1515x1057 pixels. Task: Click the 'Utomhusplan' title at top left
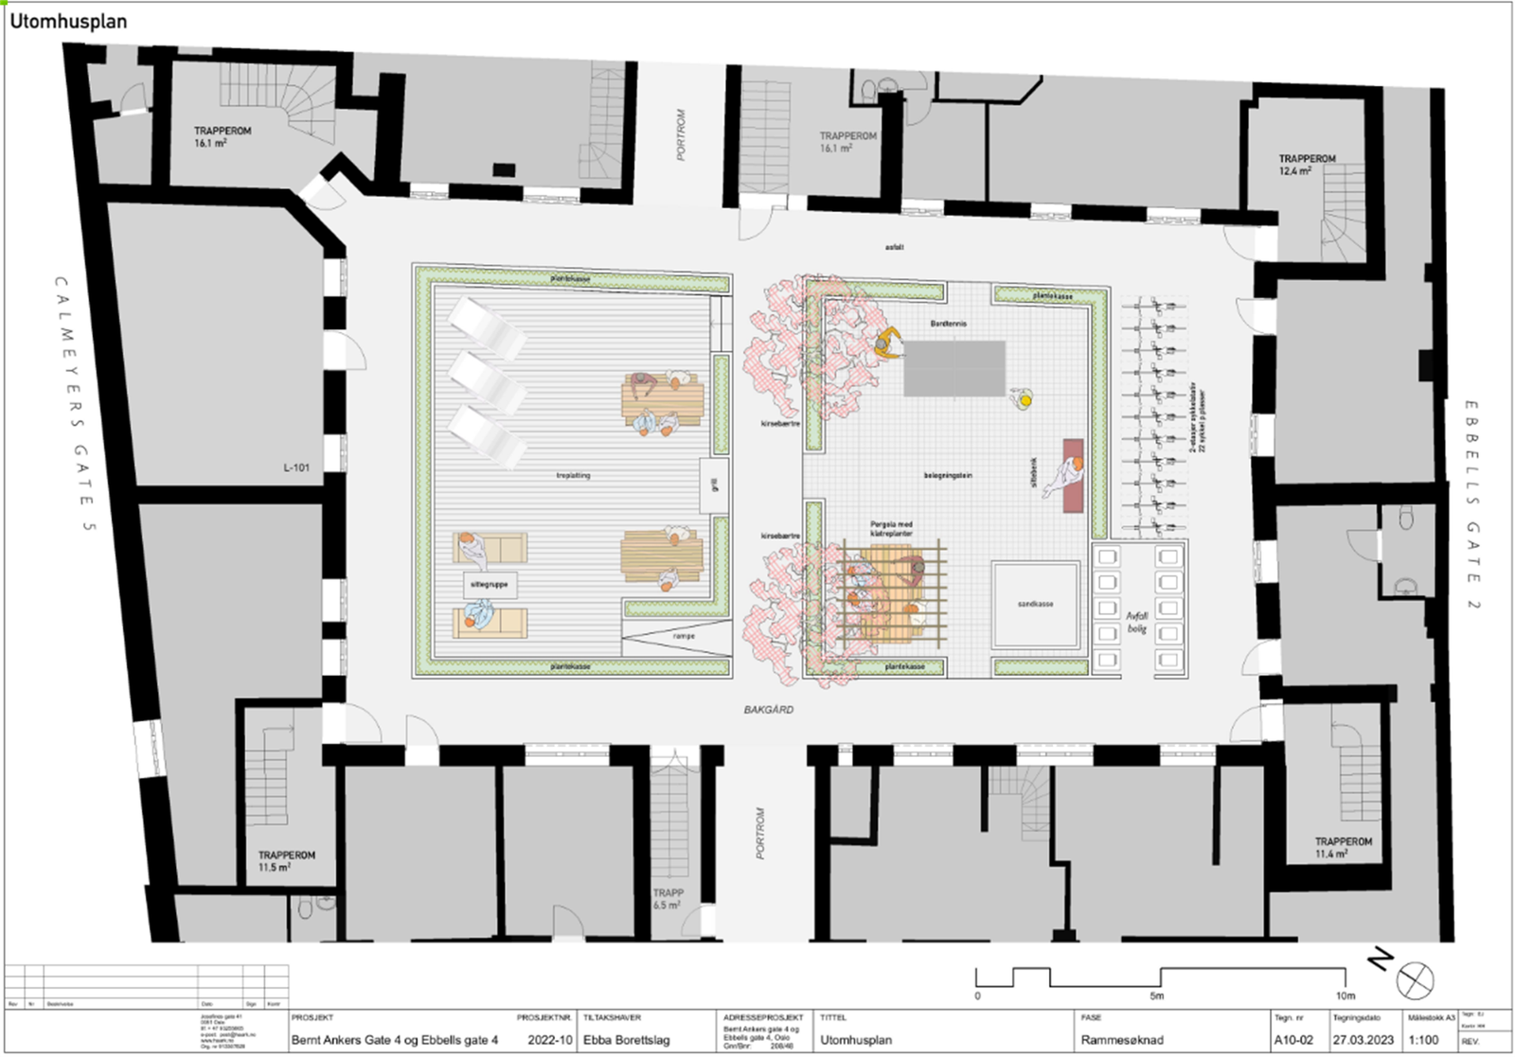tap(68, 21)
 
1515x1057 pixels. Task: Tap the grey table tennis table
tap(954, 368)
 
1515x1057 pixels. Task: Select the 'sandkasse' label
tap(1036, 604)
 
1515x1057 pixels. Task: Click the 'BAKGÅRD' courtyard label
tap(769, 710)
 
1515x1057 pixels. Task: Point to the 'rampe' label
tap(684, 637)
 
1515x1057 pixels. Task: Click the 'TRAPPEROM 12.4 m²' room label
tap(1307, 165)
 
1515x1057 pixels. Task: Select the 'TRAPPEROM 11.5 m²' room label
tap(286, 860)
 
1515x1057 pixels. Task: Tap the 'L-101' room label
tap(296, 467)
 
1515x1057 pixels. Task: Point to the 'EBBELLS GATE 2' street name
tap(1472, 503)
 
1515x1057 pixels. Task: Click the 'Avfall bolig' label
tap(1137, 622)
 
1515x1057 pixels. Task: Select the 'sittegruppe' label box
tap(490, 585)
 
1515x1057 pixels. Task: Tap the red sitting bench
tap(1073, 475)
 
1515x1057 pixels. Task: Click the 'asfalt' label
tap(894, 247)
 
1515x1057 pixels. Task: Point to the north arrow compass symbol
tap(1415, 979)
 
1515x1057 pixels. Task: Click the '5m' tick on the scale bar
tap(1157, 995)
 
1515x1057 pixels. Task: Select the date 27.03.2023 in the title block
tap(1363, 1039)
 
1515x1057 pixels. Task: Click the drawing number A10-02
tap(1294, 1039)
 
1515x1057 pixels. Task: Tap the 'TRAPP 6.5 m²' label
tap(668, 898)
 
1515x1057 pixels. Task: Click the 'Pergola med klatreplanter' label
tap(891, 528)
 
